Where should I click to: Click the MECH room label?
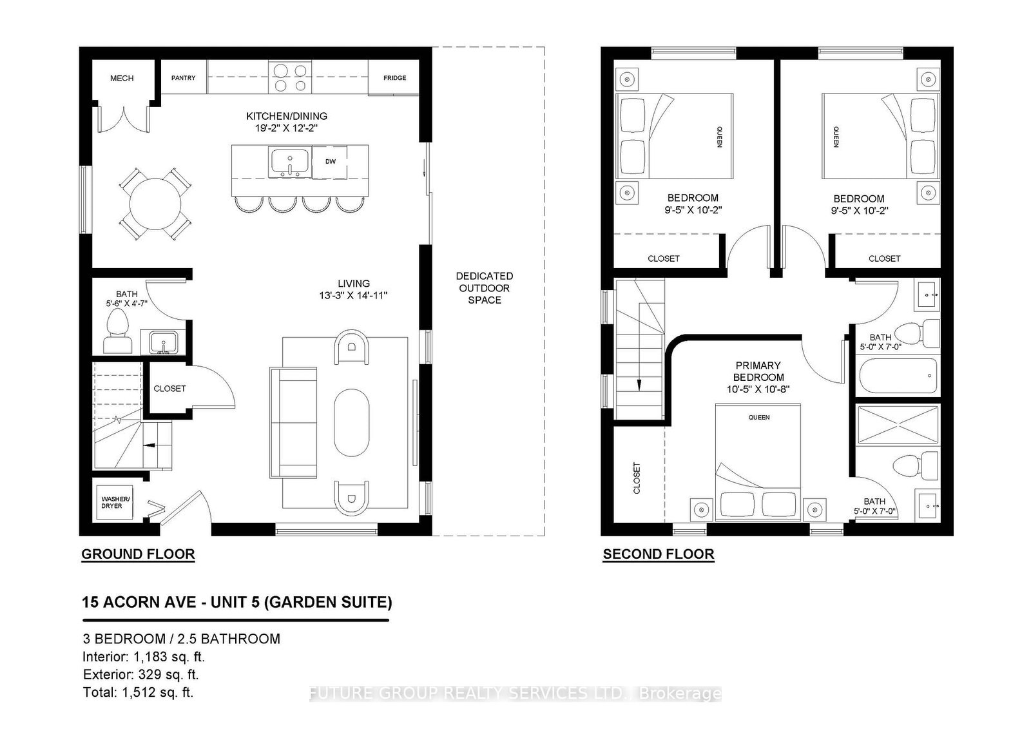click(122, 78)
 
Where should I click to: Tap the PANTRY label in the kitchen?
click(183, 78)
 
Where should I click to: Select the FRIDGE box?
click(394, 78)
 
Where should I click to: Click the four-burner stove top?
click(289, 78)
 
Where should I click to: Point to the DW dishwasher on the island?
click(330, 162)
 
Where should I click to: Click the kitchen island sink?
click(290, 162)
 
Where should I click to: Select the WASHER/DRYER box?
click(115, 502)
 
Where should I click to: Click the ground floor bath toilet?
click(117, 331)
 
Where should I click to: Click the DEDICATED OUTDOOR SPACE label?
click(484, 288)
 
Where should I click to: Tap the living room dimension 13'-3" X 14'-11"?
click(354, 296)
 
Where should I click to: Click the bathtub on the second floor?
click(897, 376)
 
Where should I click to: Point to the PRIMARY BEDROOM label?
click(758, 371)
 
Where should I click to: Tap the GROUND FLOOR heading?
click(138, 554)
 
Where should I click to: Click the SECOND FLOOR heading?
click(658, 554)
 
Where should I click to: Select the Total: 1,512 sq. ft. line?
click(138, 693)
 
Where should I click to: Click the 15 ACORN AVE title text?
click(236, 602)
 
